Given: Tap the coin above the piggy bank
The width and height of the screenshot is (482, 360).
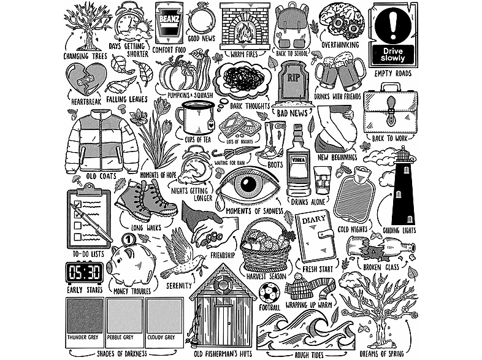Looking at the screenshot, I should pyautogui.click(x=128, y=240).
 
